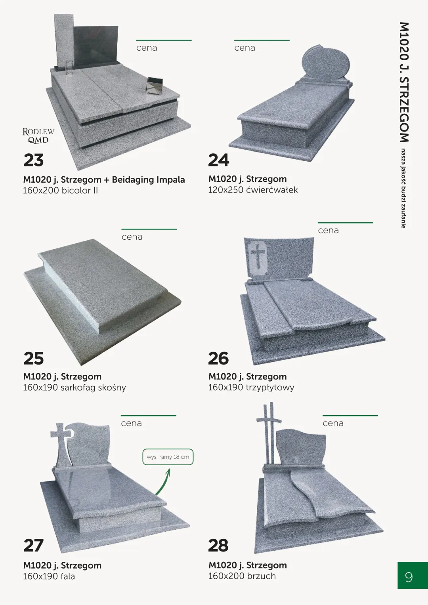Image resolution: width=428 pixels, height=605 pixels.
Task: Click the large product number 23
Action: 34,160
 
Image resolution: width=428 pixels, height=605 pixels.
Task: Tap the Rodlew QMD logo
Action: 38,136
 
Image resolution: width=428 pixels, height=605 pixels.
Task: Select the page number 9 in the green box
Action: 409,577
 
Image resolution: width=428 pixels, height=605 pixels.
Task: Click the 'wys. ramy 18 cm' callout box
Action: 168,457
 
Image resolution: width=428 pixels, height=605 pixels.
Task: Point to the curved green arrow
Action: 164,482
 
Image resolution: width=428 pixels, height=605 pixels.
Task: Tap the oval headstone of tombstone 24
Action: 326,63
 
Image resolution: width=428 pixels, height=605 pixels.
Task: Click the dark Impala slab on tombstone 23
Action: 96,46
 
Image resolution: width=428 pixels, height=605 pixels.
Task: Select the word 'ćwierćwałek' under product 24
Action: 272,190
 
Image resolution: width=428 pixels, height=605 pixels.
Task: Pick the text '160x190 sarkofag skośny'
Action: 75,387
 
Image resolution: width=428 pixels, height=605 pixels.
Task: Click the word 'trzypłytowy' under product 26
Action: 270,387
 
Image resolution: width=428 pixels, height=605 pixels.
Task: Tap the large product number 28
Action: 218,545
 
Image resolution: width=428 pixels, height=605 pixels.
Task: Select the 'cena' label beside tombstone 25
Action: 132,237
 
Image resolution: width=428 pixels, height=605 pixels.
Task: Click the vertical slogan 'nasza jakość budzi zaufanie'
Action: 403,188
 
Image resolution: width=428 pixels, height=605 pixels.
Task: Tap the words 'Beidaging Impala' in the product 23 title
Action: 148,179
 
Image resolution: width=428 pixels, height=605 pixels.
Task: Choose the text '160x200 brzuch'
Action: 242,576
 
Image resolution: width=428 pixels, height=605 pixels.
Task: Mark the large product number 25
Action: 34,359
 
